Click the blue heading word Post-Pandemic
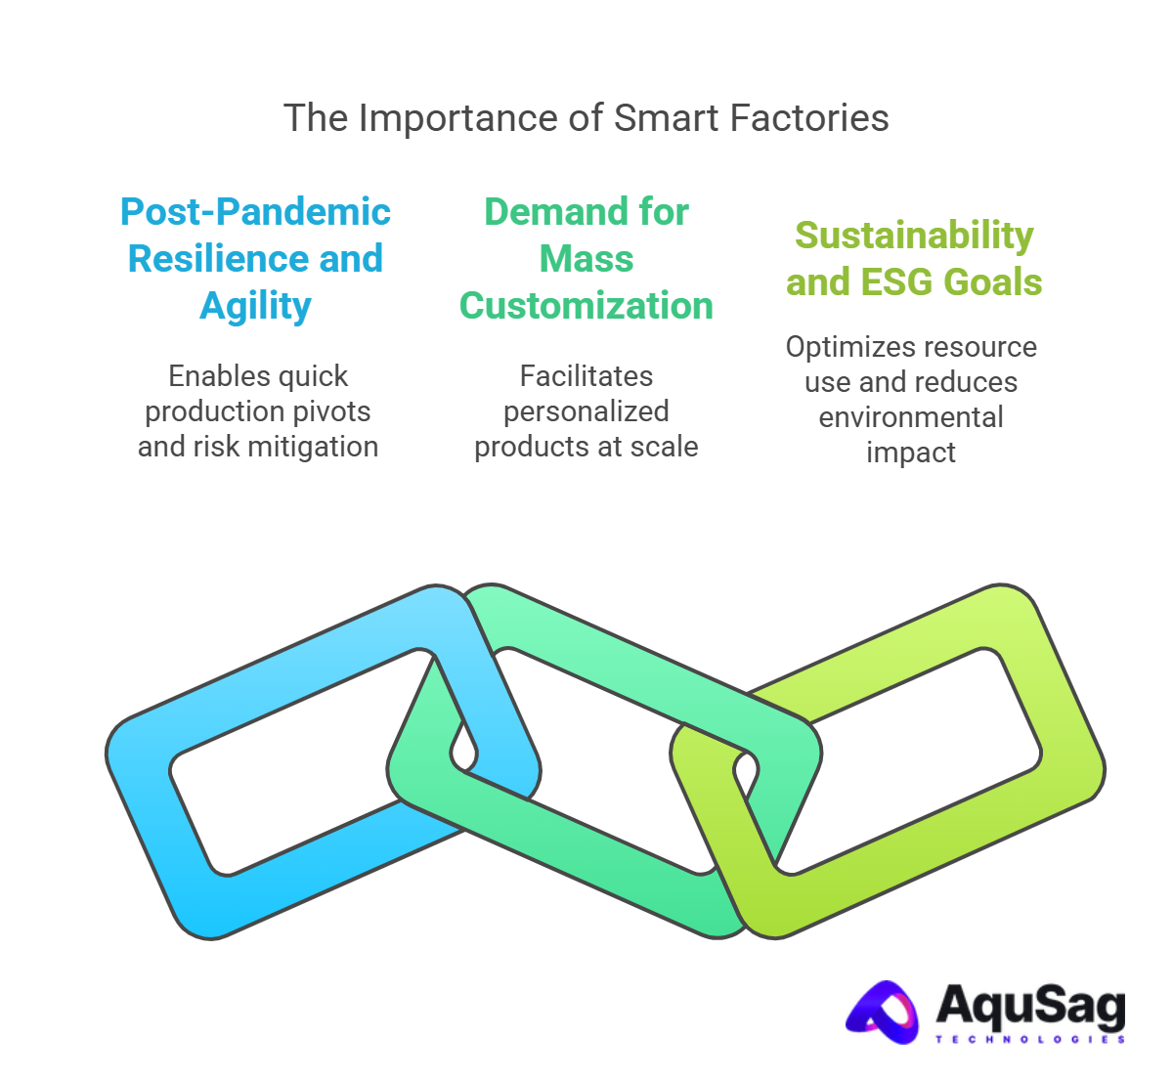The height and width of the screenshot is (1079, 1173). [x=256, y=212]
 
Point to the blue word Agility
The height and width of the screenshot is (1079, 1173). [x=256, y=307]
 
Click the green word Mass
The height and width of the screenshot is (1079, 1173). [x=586, y=259]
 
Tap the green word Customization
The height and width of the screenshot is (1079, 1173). [x=586, y=306]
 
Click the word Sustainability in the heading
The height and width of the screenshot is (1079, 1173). [x=914, y=236]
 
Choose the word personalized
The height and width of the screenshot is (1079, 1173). [x=586, y=411]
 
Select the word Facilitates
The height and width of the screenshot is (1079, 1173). [x=586, y=376]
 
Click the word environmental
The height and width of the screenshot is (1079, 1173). [x=911, y=417]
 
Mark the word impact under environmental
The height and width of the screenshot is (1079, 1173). [x=911, y=453]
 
